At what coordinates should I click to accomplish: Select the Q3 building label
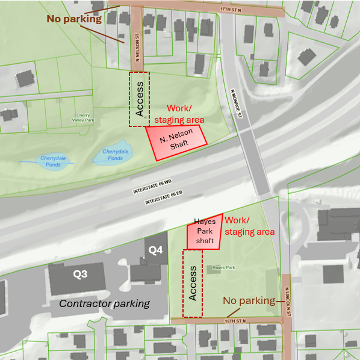coord(81,274)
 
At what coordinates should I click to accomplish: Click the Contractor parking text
coord(104,303)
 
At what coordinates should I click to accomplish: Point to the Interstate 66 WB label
coord(152,187)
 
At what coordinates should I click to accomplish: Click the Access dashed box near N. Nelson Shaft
coord(140,99)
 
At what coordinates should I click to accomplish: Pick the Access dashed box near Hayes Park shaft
coord(193,282)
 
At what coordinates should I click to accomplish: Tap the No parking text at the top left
coord(74,19)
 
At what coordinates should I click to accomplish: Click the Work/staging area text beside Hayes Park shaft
coord(249,226)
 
